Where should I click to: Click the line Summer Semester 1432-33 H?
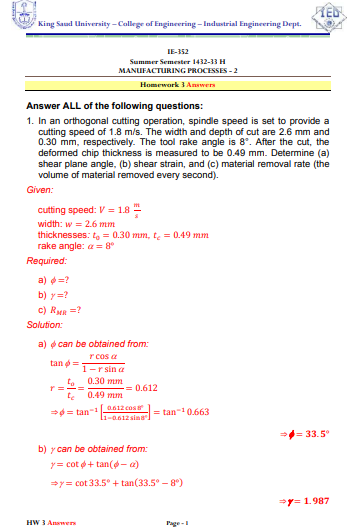pyautogui.click(x=180, y=62)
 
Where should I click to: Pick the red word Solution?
pyautogui.click(x=45, y=324)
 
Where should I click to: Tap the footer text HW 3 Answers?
pyautogui.click(x=44, y=522)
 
